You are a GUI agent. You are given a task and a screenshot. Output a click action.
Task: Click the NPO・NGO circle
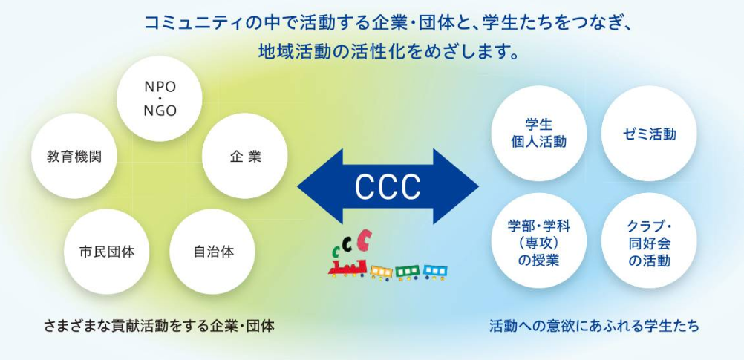[160, 99]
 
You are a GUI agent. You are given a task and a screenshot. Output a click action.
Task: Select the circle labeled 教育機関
[74, 157]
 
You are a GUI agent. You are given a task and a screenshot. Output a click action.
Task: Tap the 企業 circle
[245, 157]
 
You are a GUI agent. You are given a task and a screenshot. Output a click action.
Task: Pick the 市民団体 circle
[107, 251]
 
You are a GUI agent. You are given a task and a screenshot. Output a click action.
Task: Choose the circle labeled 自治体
[214, 251]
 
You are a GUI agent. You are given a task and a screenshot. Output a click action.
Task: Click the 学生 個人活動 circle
[539, 134]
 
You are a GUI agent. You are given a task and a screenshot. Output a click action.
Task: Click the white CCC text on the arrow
[388, 186]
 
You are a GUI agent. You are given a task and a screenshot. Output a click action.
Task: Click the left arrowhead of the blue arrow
[316, 186]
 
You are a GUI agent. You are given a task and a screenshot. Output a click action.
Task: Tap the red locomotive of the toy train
[347, 266]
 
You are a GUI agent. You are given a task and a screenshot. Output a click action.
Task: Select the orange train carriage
[381, 272]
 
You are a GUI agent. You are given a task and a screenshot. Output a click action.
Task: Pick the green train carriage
[408, 272]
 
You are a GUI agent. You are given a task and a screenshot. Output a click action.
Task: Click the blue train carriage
[435, 272]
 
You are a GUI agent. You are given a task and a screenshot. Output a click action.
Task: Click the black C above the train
[350, 246]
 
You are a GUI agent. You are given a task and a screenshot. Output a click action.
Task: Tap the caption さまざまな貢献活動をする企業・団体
[159, 325]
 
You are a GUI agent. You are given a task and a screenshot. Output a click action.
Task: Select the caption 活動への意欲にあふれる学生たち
[594, 325]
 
